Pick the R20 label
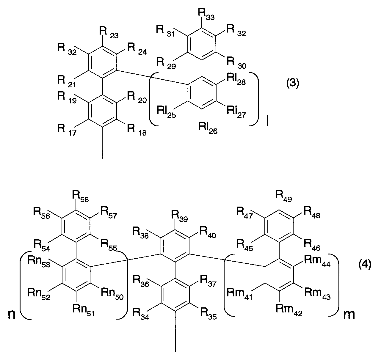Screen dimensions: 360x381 click(x=137, y=98)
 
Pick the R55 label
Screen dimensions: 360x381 click(x=109, y=246)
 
